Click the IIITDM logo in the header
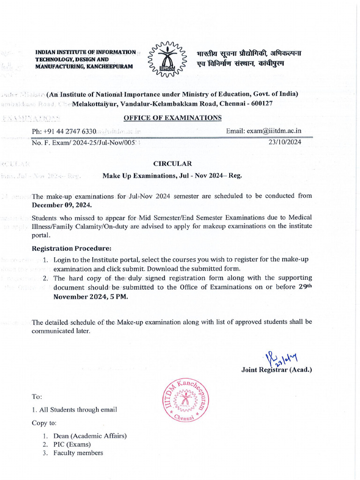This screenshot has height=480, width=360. click(x=166, y=60)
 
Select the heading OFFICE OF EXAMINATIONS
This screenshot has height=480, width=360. click(x=172, y=117)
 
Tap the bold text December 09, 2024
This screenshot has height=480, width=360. click(x=62, y=205)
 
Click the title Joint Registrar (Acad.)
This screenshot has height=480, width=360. click(x=277, y=370)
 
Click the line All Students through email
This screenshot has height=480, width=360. click(x=74, y=409)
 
